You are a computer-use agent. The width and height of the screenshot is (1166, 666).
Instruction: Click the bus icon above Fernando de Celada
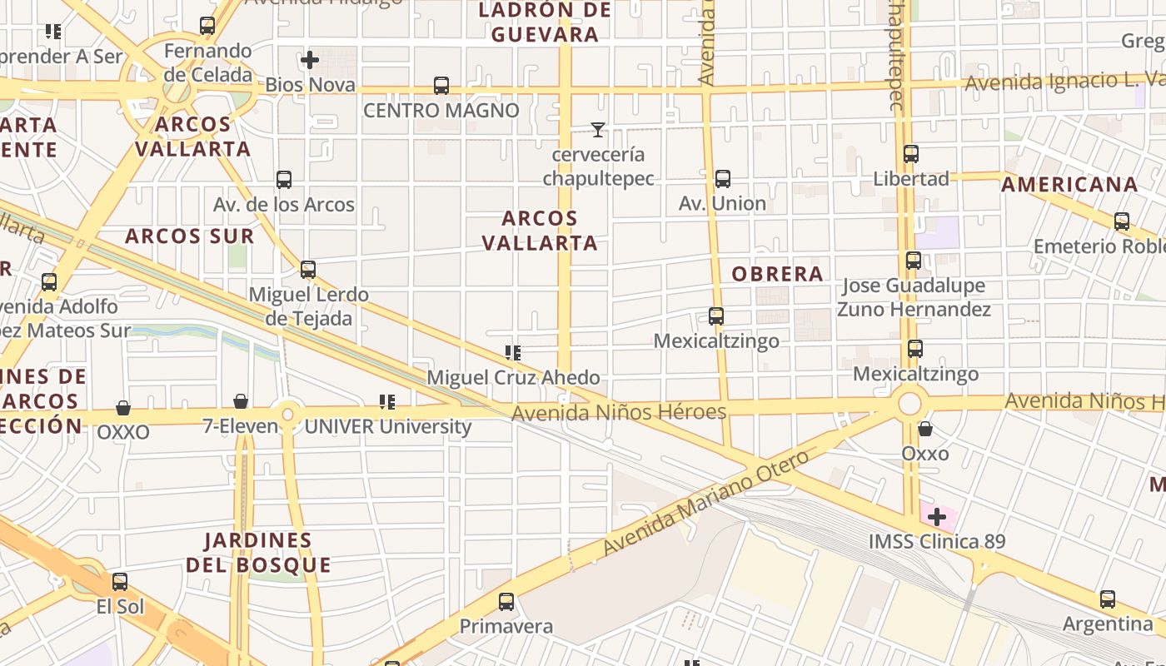pos(207,26)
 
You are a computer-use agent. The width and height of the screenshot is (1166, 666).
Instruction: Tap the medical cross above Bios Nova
pos(310,60)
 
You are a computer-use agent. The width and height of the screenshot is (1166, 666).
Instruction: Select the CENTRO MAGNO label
pos(441,110)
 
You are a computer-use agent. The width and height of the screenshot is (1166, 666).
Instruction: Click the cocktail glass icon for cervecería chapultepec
pos(597,129)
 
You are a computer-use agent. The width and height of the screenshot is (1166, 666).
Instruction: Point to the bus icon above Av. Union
pos(722,178)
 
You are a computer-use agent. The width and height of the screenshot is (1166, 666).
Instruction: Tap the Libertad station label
pos(911,179)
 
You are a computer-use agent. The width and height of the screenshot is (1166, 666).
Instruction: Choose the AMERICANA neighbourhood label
pos(1069,184)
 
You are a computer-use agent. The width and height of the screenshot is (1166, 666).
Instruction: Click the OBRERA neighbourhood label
pos(777,274)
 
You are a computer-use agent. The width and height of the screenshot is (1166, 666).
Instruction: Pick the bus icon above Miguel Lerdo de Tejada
pos(308,270)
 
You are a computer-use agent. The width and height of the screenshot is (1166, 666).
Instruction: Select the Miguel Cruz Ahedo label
pos(513,377)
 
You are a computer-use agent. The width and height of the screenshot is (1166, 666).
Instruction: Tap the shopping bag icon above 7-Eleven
pos(241,402)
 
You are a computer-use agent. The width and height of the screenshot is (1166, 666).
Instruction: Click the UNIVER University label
pos(388,427)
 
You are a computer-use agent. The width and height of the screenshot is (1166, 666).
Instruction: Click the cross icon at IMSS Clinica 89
pos(937,517)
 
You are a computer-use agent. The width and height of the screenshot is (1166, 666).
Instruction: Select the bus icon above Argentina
pos(1108,599)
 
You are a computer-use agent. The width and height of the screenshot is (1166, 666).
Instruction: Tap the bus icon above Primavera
pos(506,602)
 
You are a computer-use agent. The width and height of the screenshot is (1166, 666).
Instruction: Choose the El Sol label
pos(120,606)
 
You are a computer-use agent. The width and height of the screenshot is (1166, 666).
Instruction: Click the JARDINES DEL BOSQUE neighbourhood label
pos(258,553)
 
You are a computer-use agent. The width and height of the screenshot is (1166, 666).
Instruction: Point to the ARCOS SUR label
pos(190,236)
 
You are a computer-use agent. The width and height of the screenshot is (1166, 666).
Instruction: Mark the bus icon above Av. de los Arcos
pos(284,180)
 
